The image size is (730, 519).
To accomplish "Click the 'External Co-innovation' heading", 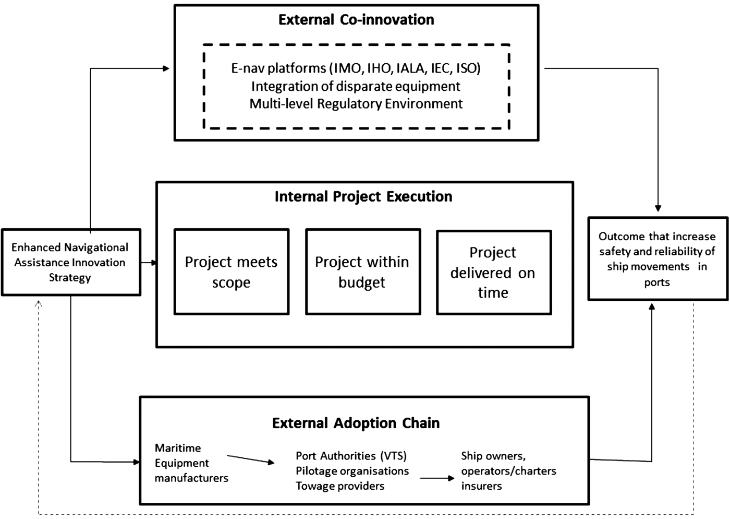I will coord(356,20).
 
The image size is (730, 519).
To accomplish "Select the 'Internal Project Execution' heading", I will coord(363,197).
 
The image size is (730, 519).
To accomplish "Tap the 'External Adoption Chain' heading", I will coord(356,423).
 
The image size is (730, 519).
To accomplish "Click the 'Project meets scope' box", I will coord(232,272).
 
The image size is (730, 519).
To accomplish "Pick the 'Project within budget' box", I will coord(362,272).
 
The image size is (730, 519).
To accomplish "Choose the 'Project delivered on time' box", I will coord(493,272).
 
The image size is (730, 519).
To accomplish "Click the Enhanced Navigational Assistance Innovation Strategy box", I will coord(70,262).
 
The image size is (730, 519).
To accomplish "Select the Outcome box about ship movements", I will coord(657,259).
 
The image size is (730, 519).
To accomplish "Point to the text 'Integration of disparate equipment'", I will coord(356,86).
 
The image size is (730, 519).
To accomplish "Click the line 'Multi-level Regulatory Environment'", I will coord(356,104).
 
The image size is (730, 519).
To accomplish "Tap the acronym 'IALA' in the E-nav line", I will coord(410,68).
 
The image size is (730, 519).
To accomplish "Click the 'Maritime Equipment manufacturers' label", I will coord(191,463).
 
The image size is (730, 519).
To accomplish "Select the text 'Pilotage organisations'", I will coord(352,471).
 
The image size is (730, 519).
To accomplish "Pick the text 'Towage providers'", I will coord(340,486).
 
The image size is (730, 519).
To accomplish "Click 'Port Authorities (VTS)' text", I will coord(351,456).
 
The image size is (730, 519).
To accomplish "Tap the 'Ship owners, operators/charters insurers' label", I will coord(508,471).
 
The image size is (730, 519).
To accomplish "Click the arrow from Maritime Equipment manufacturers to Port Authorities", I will coord(250,459).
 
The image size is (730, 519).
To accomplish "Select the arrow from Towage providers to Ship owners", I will coord(437,478).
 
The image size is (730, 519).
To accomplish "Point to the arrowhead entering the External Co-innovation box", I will coord(166,68).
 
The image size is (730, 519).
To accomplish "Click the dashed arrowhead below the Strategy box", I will coord(38,303).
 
